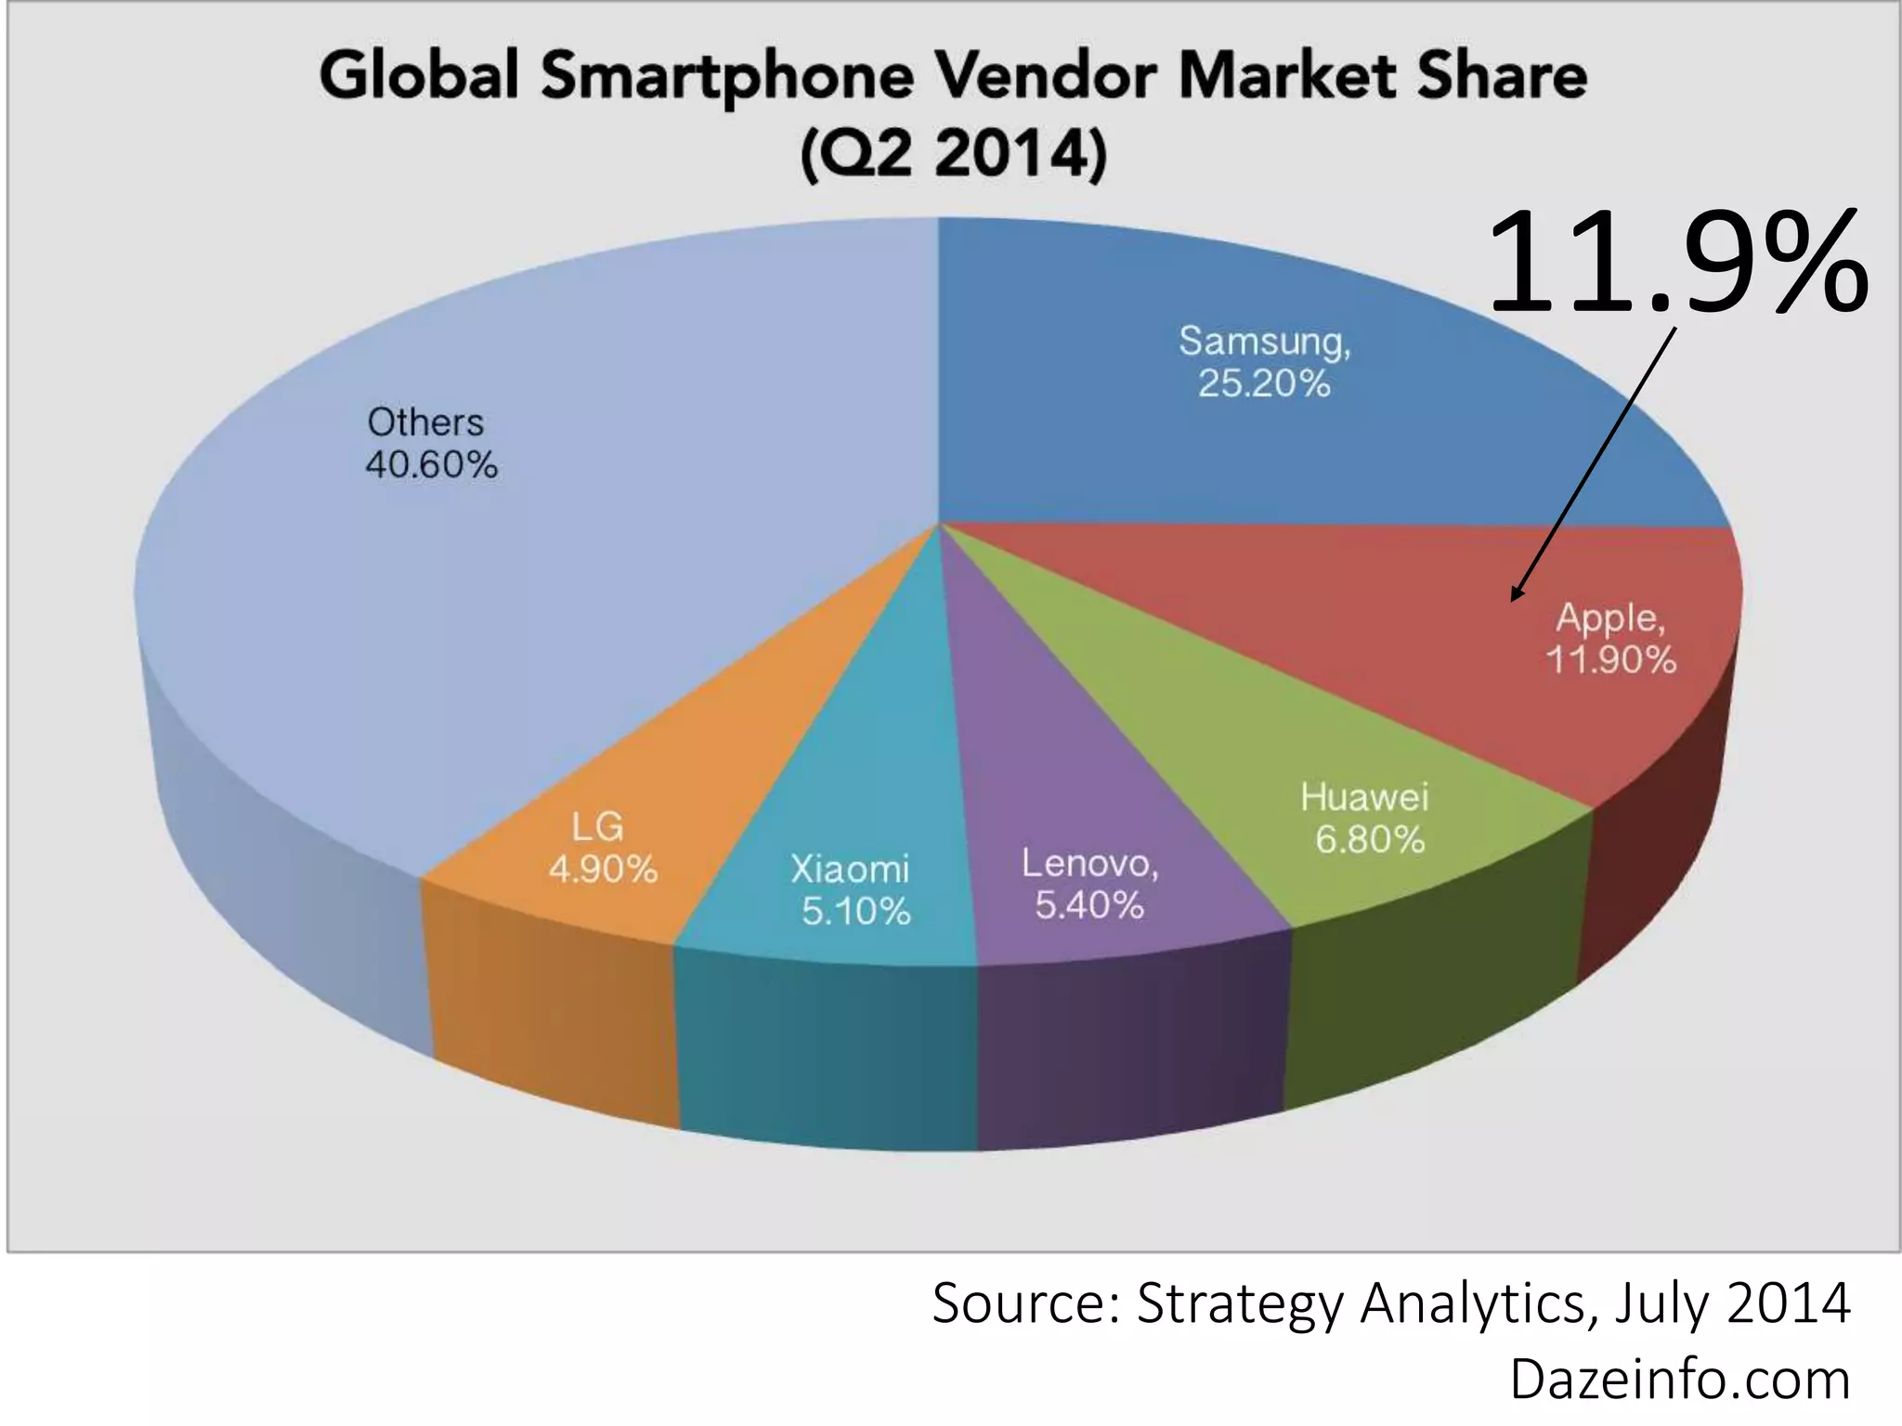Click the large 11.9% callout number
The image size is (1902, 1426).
tap(1676, 262)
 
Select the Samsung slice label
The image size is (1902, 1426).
tap(1264, 341)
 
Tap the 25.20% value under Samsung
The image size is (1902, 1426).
tap(1264, 383)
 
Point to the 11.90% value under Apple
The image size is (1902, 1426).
tap(1610, 660)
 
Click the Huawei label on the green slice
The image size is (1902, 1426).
tap(1364, 797)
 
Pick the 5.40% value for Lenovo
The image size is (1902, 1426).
tap(1089, 905)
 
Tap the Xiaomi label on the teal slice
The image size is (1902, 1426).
tap(850, 869)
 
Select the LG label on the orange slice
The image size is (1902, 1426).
tap(597, 826)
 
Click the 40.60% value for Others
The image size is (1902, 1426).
tap(432, 464)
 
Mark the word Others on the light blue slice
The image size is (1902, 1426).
tap(425, 422)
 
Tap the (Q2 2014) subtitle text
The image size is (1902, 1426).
tap(954, 153)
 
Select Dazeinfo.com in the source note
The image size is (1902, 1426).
tap(1679, 1380)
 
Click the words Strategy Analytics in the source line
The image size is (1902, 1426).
tap(1361, 1303)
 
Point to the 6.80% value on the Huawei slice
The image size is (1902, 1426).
tap(1370, 840)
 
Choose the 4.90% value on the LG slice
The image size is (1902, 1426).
tap(603, 870)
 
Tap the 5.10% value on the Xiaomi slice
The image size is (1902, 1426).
tap(856, 912)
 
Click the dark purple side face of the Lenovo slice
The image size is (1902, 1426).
tap(1128, 1049)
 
